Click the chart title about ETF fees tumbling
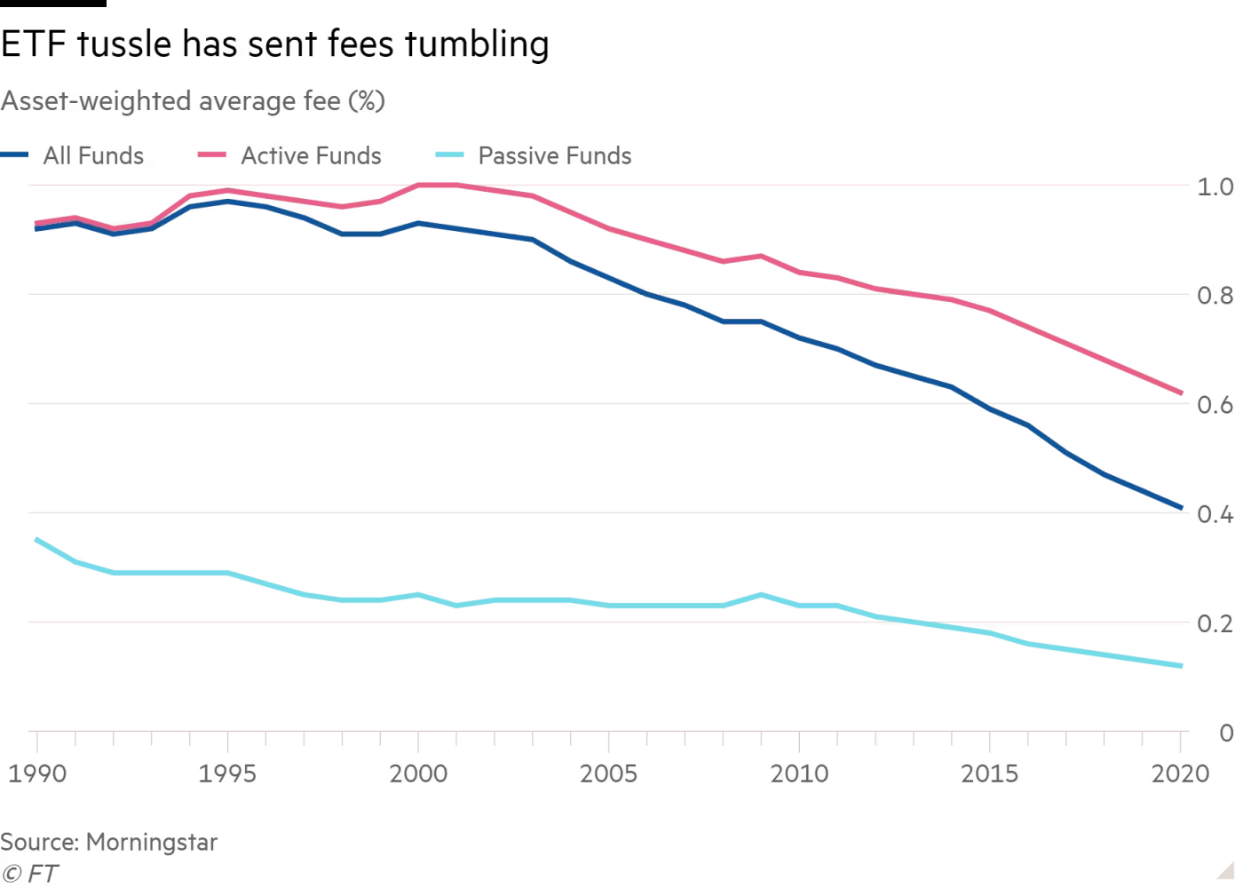(277, 44)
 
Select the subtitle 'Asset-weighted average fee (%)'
(194, 102)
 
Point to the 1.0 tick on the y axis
(1215, 186)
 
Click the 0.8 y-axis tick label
(1215, 296)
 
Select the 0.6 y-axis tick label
(1215, 405)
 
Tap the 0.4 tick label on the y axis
(1215, 514)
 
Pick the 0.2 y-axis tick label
(1215, 623)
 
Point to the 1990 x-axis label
(37, 773)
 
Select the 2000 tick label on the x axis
(419, 773)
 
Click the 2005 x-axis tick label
(609, 773)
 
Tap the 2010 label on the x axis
(800, 773)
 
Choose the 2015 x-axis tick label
(991, 773)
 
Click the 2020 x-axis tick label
(1181, 773)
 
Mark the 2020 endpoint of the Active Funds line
(1181, 392)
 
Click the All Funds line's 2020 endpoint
(1181, 508)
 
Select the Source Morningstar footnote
(108, 843)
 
